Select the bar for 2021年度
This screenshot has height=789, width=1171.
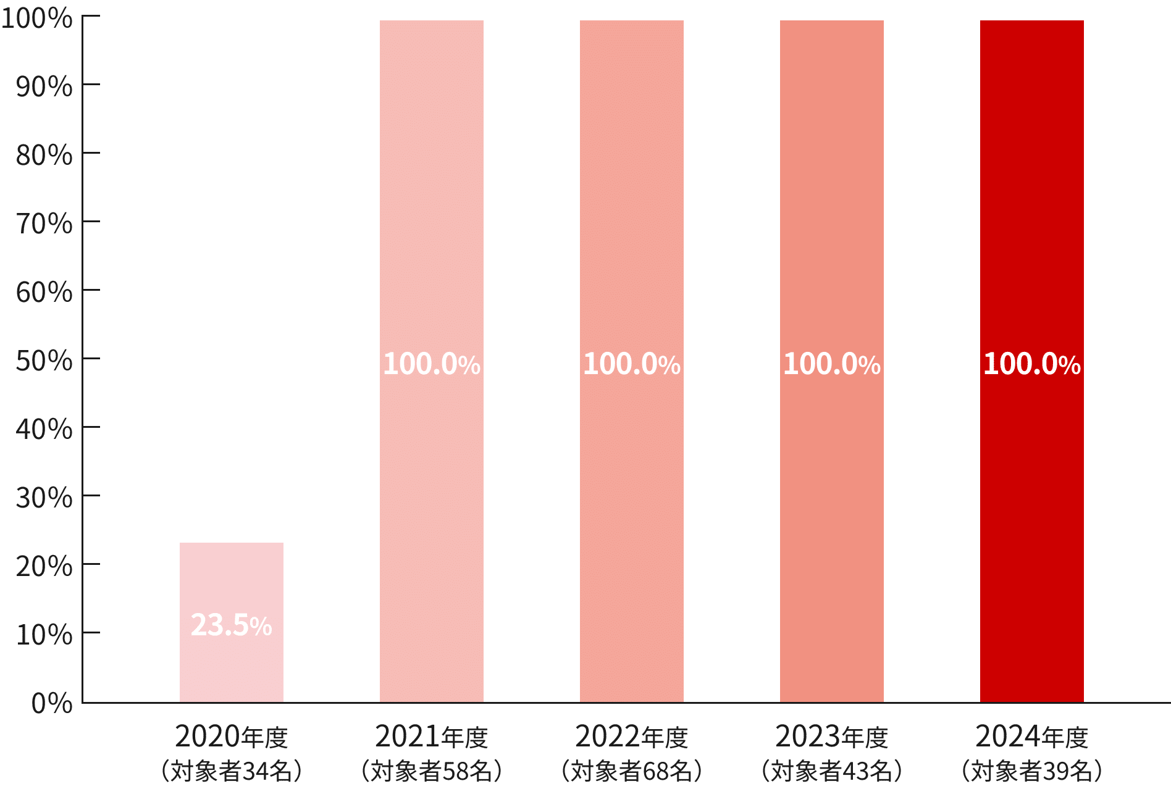click(431, 216)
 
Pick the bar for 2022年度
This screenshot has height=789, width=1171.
click(631, 216)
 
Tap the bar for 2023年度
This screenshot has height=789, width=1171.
click(831, 216)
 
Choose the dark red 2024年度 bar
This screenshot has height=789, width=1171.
click(1031, 216)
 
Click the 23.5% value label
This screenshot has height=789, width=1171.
click(231, 625)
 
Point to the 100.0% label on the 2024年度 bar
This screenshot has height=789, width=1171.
click(1031, 364)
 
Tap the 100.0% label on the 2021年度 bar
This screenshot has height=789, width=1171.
click(431, 364)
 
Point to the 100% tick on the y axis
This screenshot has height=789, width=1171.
click(37, 19)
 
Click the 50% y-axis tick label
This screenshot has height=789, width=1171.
click(44, 361)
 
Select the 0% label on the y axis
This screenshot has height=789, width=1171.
click(52, 703)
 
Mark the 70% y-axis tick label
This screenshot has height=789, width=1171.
click(44, 223)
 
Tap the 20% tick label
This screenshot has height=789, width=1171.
click(44, 566)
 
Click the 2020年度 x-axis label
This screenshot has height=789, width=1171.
click(231, 737)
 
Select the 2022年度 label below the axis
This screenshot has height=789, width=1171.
click(631, 737)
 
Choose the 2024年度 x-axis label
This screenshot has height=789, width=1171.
click(1031, 737)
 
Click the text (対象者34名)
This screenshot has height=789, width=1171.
click(231, 771)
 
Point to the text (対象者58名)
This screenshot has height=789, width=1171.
click(431, 771)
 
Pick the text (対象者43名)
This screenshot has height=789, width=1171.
click(831, 771)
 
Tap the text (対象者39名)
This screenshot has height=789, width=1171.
click(1031, 771)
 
